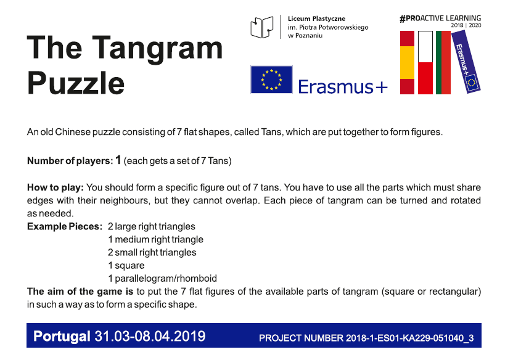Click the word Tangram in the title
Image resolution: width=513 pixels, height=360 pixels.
click(157, 49)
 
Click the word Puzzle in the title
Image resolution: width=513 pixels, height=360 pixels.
click(76, 83)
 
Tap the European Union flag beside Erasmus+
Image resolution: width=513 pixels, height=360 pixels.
click(271, 80)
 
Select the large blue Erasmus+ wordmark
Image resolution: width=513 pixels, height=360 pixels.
click(343, 87)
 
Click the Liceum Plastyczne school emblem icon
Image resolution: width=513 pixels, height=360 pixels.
click(261, 27)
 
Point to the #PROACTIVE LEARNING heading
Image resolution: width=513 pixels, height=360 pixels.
click(440, 18)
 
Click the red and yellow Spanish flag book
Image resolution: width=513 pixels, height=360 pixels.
click(408, 62)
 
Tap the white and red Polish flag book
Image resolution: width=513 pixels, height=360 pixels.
click(425, 62)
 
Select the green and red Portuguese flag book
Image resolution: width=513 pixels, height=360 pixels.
click(443, 62)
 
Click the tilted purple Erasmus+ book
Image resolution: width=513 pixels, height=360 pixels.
click(466, 62)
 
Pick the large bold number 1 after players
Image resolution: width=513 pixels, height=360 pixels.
click(118, 160)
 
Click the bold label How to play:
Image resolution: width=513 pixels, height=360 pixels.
click(55, 187)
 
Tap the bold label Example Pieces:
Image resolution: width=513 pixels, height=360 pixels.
click(65, 226)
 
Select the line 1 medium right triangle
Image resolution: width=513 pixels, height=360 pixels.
click(156, 239)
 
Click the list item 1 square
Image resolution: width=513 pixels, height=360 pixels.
click(126, 265)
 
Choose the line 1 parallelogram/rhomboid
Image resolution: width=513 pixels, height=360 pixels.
click(163, 278)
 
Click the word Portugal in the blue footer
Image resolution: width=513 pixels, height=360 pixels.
click(62, 336)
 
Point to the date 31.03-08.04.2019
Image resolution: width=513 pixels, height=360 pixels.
click(150, 336)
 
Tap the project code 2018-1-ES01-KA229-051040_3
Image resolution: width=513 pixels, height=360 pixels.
click(409, 338)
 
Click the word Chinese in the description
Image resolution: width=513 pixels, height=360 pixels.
click(73, 132)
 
